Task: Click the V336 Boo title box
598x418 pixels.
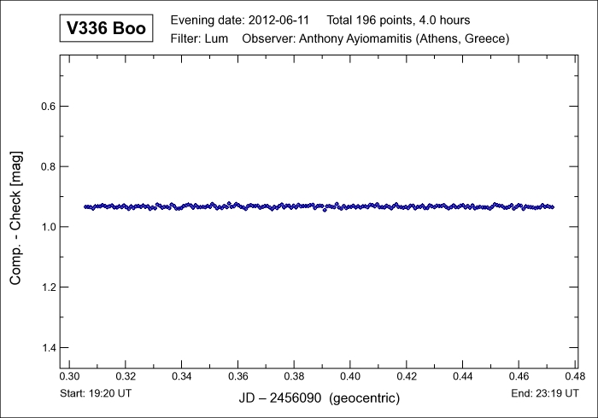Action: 105,30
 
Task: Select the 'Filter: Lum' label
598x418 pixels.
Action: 200,39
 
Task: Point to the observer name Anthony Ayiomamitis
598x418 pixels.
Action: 360,39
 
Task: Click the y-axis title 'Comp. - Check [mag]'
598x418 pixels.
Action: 16,218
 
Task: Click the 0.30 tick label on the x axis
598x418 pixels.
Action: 70,376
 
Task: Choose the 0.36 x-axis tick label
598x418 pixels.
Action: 238,376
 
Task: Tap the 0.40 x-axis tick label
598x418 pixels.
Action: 351,376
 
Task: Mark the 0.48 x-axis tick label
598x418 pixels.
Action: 575,376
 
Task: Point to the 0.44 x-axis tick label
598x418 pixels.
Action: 463,376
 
